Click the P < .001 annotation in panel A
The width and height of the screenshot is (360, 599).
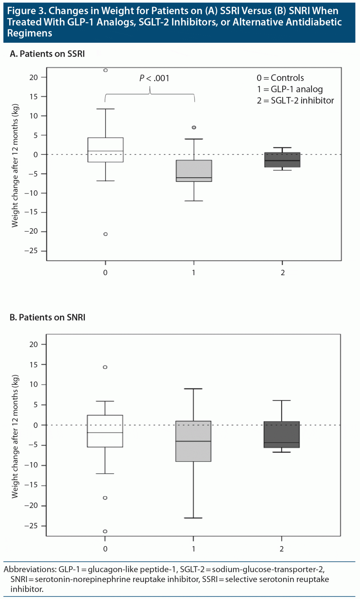click(154, 78)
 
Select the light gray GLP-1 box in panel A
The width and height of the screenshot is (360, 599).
click(194, 171)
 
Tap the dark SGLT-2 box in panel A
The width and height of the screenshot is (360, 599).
click(282, 160)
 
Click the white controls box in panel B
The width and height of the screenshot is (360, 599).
click(105, 431)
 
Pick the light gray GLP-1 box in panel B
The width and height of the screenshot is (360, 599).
click(193, 441)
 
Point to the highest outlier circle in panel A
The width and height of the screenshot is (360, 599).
click(106, 70)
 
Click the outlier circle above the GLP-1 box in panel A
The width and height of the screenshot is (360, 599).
click(194, 128)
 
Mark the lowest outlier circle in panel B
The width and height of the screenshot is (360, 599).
click(105, 531)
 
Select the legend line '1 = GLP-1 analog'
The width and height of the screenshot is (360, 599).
click(290, 89)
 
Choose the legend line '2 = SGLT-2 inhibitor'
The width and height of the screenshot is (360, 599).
click(295, 101)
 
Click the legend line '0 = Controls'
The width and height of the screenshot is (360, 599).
click(280, 78)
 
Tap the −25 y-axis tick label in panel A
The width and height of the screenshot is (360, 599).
click(31, 251)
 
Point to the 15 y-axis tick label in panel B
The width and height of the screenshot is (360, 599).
click(34, 364)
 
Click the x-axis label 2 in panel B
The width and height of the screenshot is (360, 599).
click(282, 549)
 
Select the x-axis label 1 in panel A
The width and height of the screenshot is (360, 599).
click(194, 273)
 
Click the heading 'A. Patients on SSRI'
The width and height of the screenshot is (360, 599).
click(47, 54)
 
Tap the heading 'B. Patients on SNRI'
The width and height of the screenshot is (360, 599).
click(47, 317)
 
